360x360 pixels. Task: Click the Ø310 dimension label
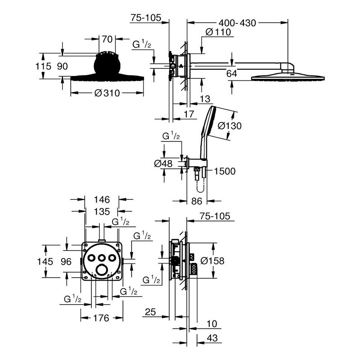pyautogui.click(x=107, y=93)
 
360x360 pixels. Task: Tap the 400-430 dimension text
pyautogui.click(x=237, y=23)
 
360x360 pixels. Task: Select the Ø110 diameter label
pyautogui.click(x=218, y=32)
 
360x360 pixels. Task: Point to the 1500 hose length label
pyautogui.click(x=225, y=171)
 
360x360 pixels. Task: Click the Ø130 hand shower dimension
pyautogui.click(x=229, y=126)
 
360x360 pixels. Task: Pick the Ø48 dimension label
pyautogui.click(x=163, y=164)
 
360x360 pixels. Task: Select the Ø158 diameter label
pyautogui.click(x=212, y=261)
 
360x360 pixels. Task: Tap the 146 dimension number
pyautogui.click(x=102, y=200)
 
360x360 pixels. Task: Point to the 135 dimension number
pyautogui.click(x=102, y=211)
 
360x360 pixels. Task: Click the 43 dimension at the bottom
pyautogui.click(x=212, y=338)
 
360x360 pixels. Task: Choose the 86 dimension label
pyautogui.click(x=197, y=201)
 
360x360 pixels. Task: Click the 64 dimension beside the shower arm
pyautogui.click(x=231, y=74)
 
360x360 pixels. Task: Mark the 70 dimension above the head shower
pyautogui.click(x=107, y=39)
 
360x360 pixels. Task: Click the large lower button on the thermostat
pyautogui.click(x=101, y=270)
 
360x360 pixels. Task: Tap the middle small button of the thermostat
pyautogui.click(x=101, y=258)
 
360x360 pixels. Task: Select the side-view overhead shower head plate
pyautogui.click(x=288, y=77)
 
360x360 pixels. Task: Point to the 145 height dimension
pyautogui.click(x=45, y=261)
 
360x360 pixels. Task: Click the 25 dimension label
pyautogui.click(x=150, y=312)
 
